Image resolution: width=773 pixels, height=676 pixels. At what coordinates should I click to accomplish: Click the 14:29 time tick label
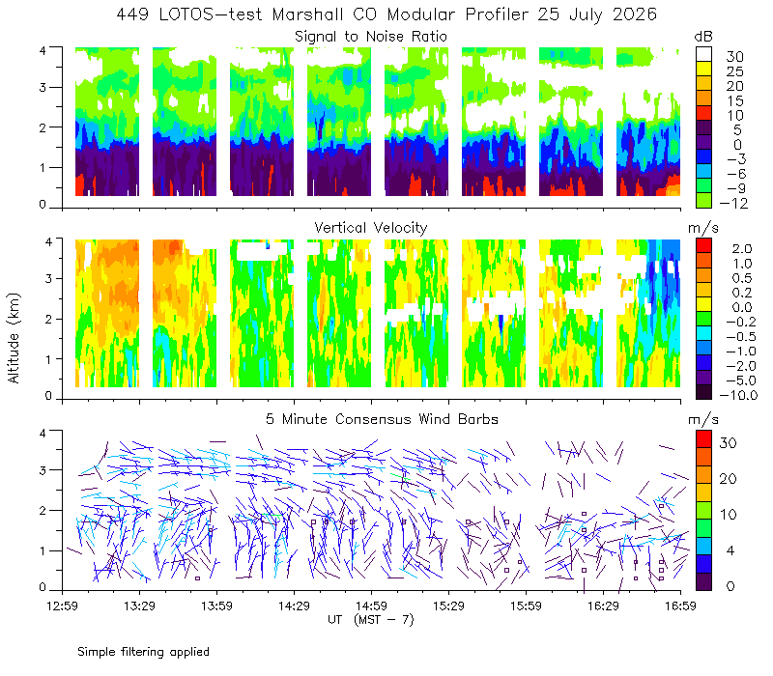coord(294,606)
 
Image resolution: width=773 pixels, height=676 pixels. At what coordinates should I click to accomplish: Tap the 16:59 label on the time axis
coord(680,606)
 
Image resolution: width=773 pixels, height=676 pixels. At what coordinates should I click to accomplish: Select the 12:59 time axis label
coord(62,606)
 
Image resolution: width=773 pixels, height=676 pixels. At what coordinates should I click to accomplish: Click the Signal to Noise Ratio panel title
coord(371,37)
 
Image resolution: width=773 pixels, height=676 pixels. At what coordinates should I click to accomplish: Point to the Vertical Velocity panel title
coord(371,228)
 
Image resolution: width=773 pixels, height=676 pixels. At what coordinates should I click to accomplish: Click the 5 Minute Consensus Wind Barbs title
coord(382,419)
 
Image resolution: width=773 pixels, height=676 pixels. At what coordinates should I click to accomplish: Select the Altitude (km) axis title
coord(14,338)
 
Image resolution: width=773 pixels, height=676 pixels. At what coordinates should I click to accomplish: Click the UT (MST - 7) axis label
coord(371,619)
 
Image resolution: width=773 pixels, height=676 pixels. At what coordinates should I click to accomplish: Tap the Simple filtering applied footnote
coord(143,652)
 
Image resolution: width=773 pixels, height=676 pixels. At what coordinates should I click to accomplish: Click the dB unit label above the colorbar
coord(703,37)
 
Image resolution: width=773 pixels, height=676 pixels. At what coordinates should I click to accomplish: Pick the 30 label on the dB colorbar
coord(734,57)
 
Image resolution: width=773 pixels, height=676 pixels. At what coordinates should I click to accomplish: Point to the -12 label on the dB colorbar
coord(733,203)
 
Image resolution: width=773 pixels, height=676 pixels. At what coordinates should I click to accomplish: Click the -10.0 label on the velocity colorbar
coord(738,395)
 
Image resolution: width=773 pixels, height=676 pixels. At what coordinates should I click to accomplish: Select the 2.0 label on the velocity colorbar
coord(742,248)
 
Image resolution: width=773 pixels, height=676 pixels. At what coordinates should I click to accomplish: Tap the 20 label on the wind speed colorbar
coord(729,478)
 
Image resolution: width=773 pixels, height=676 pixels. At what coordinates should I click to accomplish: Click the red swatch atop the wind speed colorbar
coord(704,439)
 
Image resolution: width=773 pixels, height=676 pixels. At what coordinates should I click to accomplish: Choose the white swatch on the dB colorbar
coord(704,54)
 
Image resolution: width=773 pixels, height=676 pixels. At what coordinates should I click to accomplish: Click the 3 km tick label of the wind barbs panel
coord(43,470)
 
